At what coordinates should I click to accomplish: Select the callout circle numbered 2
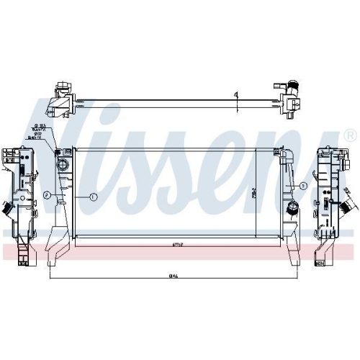pyautogui.click(x=46, y=195)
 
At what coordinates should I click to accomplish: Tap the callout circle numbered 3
pyautogui.click(x=303, y=185)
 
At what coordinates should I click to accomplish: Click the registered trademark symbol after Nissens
pyautogui.click(x=349, y=135)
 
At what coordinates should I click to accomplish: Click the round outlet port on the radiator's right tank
pyautogui.click(x=292, y=209)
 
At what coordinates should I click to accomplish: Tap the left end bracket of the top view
pyautogui.click(x=60, y=101)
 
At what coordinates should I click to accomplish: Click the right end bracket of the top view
pyautogui.click(x=289, y=100)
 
